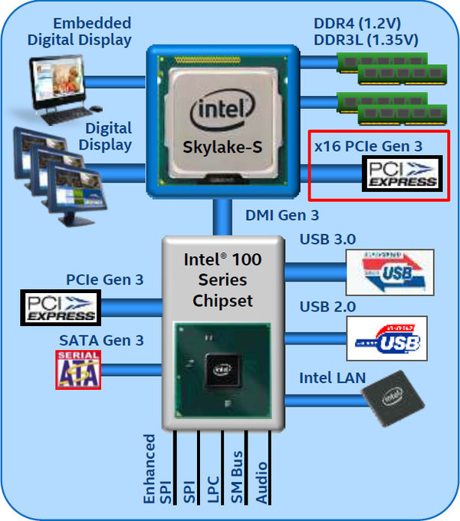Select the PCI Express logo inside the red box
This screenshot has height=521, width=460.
402,173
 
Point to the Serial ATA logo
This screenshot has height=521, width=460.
78,369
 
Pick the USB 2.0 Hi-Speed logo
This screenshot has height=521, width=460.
386,338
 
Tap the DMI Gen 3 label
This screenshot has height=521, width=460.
281,216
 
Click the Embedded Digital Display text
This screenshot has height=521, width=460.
80,32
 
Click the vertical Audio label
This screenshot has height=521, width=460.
262,481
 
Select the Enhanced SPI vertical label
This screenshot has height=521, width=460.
150,469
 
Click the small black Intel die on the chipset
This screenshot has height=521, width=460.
222,369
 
